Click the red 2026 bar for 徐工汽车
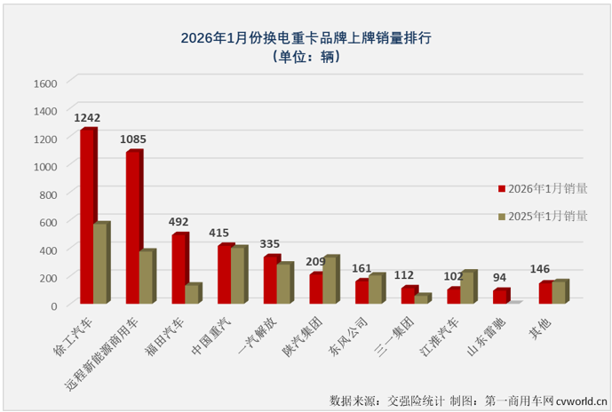click(x=87, y=217)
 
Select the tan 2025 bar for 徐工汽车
click(x=100, y=264)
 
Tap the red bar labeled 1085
click(x=132, y=227)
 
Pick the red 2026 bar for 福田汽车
click(x=179, y=269)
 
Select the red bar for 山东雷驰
click(x=500, y=297)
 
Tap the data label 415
click(x=219, y=233)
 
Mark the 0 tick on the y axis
click(x=54, y=305)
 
